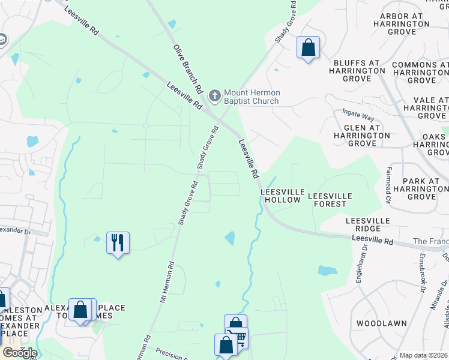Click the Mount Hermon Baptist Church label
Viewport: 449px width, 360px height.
[x=251, y=97]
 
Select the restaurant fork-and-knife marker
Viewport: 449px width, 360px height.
[x=118, y=243]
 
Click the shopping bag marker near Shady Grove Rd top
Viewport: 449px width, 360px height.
[x=308, y=47]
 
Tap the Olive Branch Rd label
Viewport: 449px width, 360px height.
[x=187, y=70]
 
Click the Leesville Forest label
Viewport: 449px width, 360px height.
[x=327, y=200]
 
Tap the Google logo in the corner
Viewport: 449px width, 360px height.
[x=20, y=353]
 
